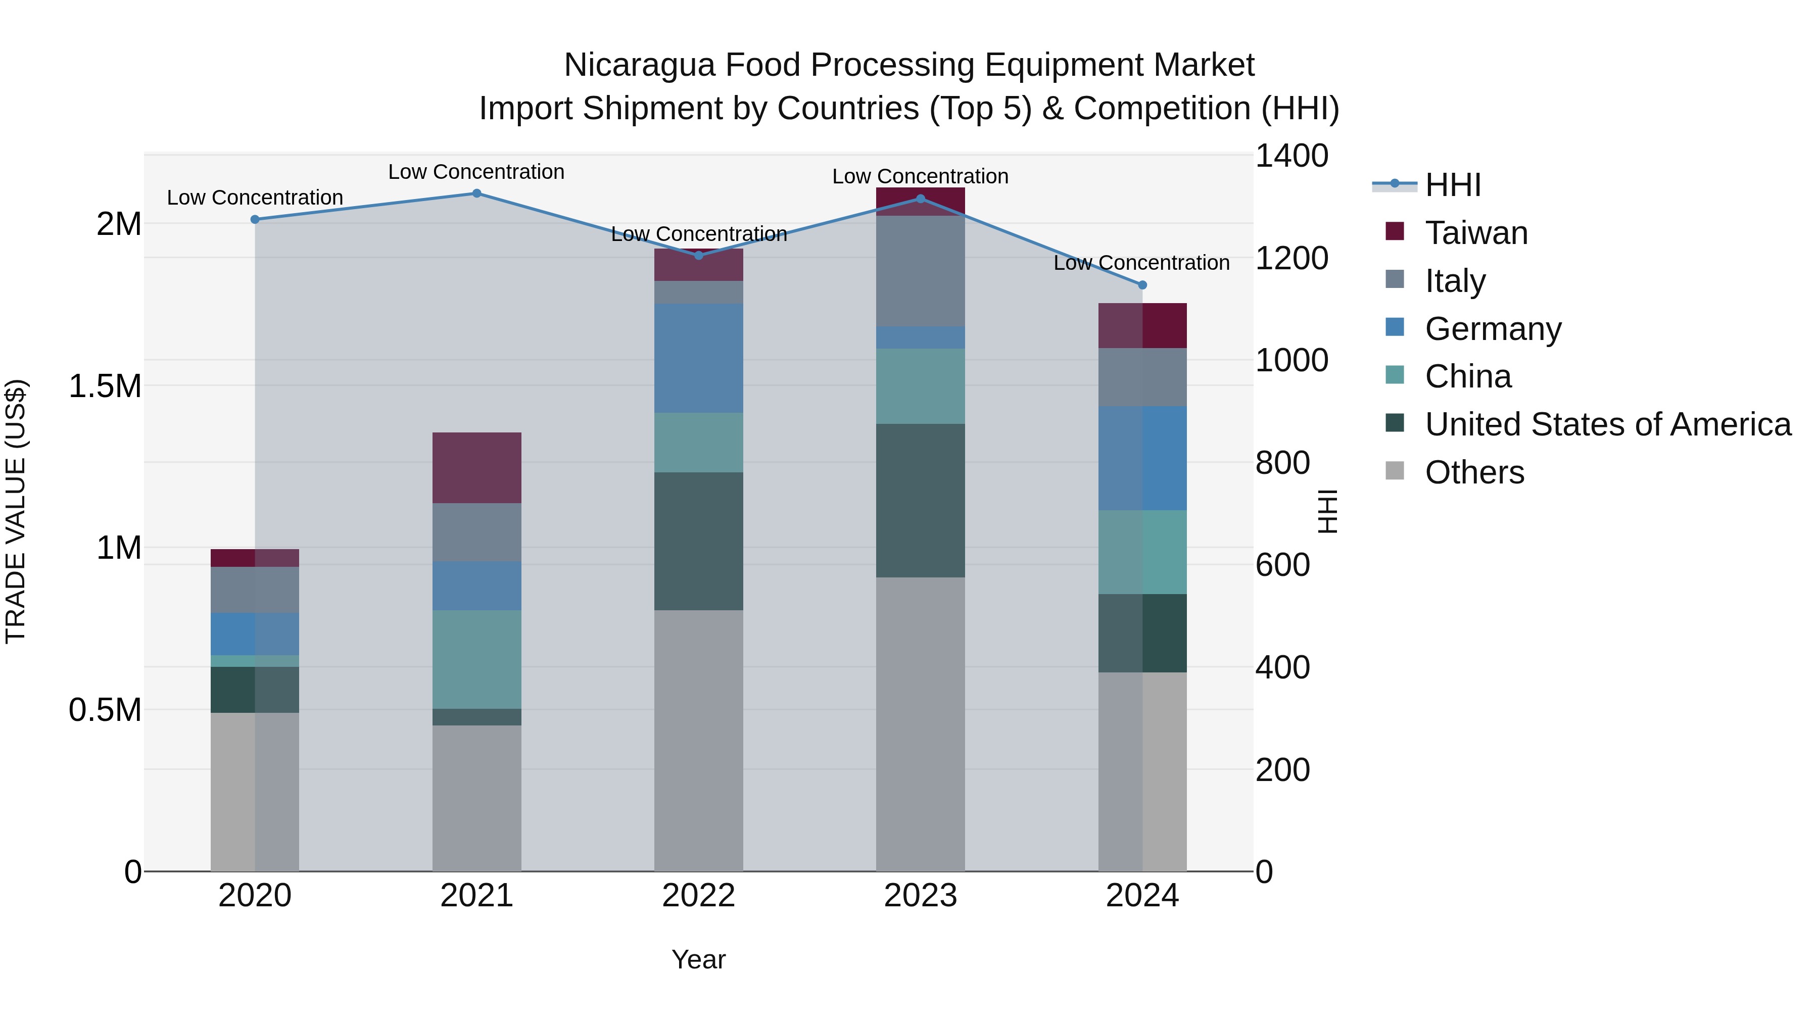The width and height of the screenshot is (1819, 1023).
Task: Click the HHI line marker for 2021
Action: click(476, 193)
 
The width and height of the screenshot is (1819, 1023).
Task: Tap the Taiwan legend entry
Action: click(1476, 233)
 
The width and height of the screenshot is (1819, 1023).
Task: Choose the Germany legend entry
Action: click(1493, 329)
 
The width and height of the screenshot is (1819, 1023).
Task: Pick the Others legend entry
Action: click(1474, 472)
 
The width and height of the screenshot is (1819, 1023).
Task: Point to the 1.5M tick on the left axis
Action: click(105, 386)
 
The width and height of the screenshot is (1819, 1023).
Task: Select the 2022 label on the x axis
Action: click(698, 896)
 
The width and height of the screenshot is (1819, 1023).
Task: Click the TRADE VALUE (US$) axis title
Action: click(16, 511)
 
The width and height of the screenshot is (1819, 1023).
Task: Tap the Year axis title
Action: click(698, 959)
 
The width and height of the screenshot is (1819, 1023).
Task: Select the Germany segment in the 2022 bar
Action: click(698, 359)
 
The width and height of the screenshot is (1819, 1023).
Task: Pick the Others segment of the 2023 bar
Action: click(920, 723)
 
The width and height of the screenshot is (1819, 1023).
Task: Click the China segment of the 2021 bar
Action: click(476, 659)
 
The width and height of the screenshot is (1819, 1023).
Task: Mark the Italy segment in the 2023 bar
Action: click(920, 271)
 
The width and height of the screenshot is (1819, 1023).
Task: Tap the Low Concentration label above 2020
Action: click(255, 198)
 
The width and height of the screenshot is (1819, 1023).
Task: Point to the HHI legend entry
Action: click(1453, 185)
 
